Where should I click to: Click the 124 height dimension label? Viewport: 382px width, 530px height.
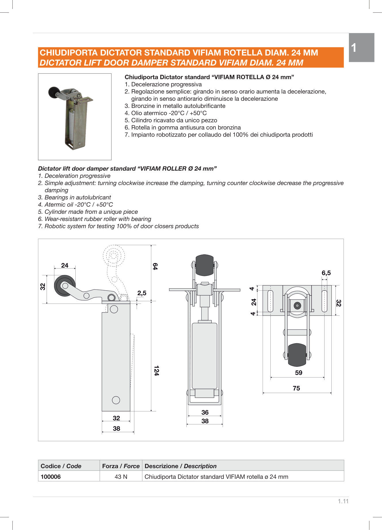[156, 371]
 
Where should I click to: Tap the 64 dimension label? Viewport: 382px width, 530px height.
[155, 266]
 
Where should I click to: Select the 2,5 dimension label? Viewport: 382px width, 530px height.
[142, 293]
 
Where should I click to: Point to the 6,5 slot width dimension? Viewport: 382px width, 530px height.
[326, 273]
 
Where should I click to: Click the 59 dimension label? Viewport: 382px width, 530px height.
[299, 373]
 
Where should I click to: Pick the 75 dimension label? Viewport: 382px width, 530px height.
[296, 388]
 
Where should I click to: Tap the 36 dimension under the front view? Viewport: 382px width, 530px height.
[205, 412]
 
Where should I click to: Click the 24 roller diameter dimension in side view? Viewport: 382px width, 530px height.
[65, 265]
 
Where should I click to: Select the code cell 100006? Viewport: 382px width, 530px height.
[51, 476]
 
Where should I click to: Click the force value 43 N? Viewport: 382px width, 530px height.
[121, 476]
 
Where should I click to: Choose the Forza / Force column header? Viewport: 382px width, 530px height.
[121, 466]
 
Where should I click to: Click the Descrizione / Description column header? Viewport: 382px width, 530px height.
[180, 466]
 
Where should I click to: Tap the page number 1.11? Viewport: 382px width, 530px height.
[343, 501]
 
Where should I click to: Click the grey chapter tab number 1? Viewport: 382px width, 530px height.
[354, 48]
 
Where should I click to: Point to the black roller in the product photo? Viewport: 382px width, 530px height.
[54, 92]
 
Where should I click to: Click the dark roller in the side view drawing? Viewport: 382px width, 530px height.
[65, 286]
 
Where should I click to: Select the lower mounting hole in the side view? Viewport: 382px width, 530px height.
[116, 400]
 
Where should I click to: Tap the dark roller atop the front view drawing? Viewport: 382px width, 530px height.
[205, 265]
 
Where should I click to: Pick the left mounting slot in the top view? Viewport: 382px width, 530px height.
[270, 301]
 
